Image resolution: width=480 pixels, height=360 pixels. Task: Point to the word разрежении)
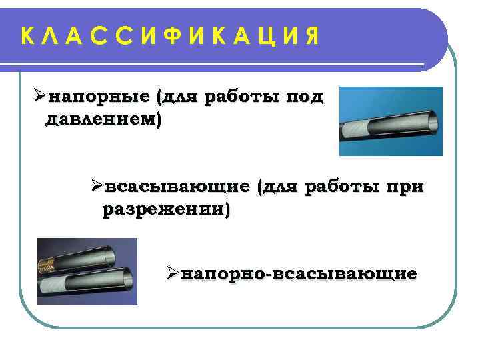tap(165, 211)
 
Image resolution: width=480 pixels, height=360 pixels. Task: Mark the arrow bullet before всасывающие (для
tap(96, 185)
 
